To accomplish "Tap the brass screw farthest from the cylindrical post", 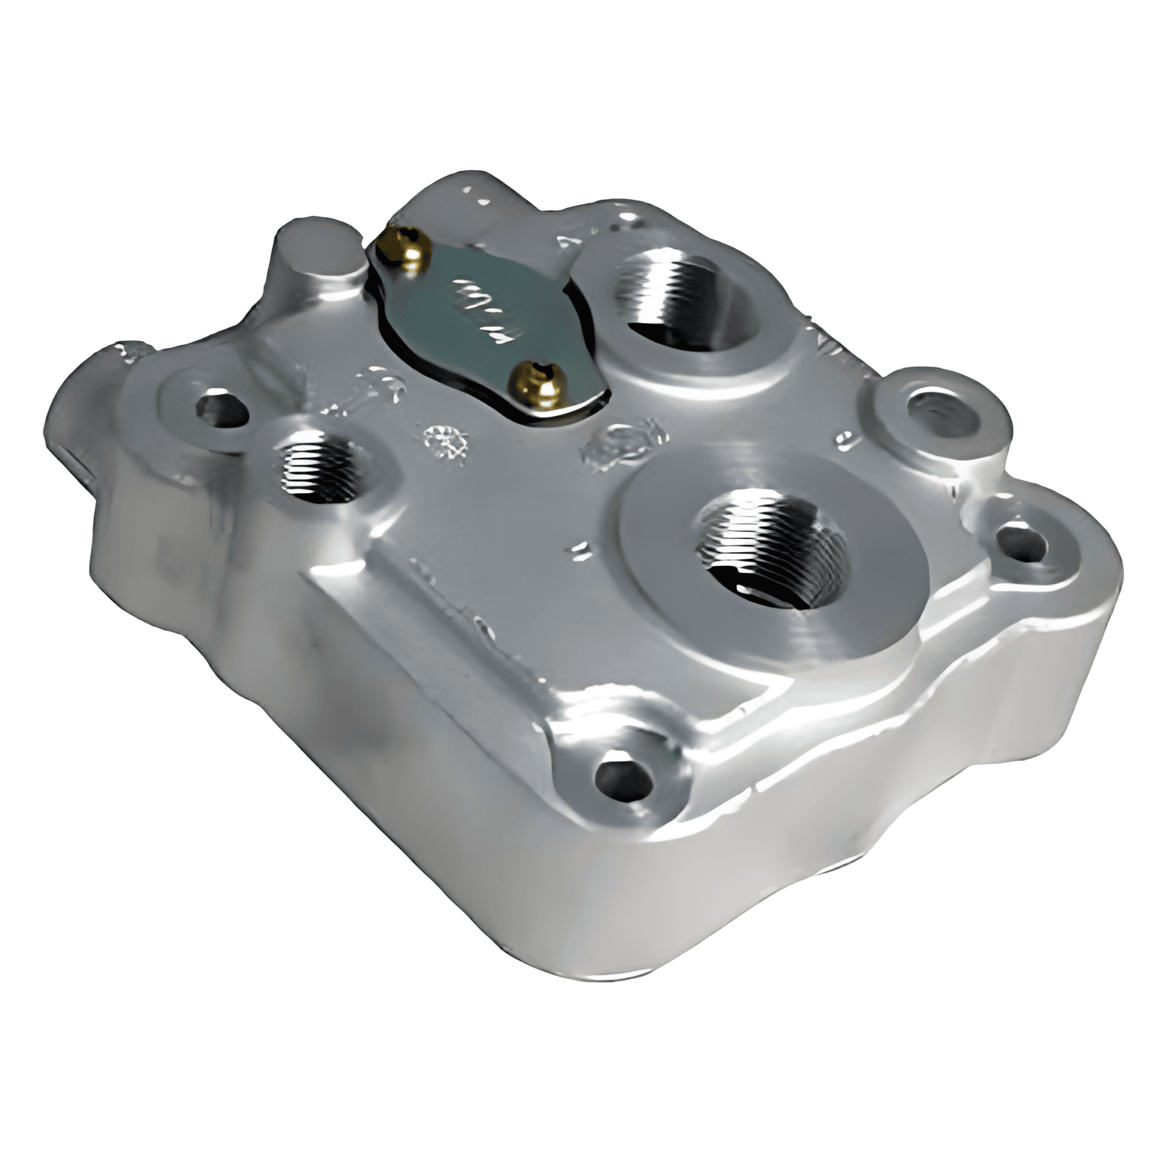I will (x=539, y=381).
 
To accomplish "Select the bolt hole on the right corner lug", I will (x=1022, y=542).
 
